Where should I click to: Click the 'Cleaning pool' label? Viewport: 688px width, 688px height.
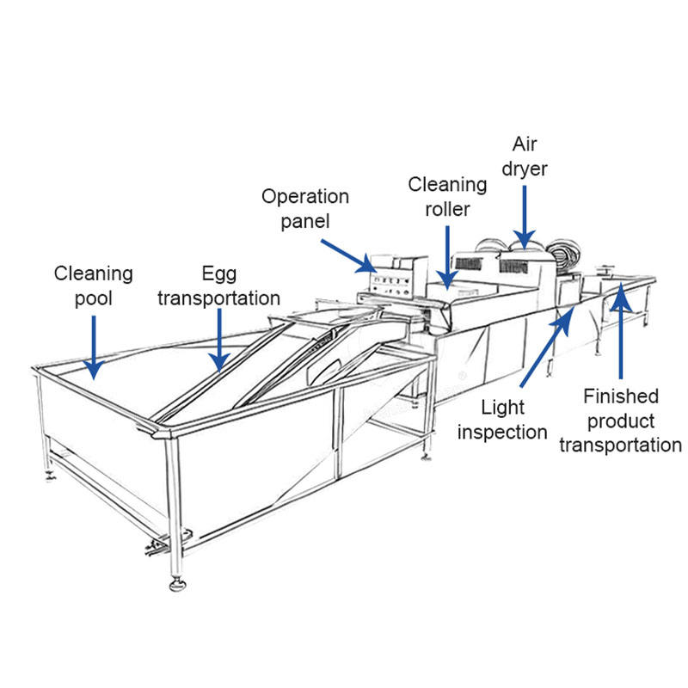(94, 286)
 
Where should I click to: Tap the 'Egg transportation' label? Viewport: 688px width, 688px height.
(218, 286)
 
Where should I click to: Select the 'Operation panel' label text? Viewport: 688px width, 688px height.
(305, 208)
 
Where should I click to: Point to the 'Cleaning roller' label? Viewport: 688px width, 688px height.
(447, 196)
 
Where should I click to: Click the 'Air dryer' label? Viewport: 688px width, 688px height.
(525, 156)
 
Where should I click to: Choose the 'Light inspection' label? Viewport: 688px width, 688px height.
(502, 418)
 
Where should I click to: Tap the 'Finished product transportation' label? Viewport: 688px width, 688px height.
(620, 421)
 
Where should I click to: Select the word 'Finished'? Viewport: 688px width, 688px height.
(621, 396)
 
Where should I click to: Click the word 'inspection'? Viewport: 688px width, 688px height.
(502, 431)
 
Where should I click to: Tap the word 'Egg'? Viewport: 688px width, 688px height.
(218, 273)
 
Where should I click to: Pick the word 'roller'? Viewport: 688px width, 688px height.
(447, 209)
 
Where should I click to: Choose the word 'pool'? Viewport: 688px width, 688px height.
(94, 298)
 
